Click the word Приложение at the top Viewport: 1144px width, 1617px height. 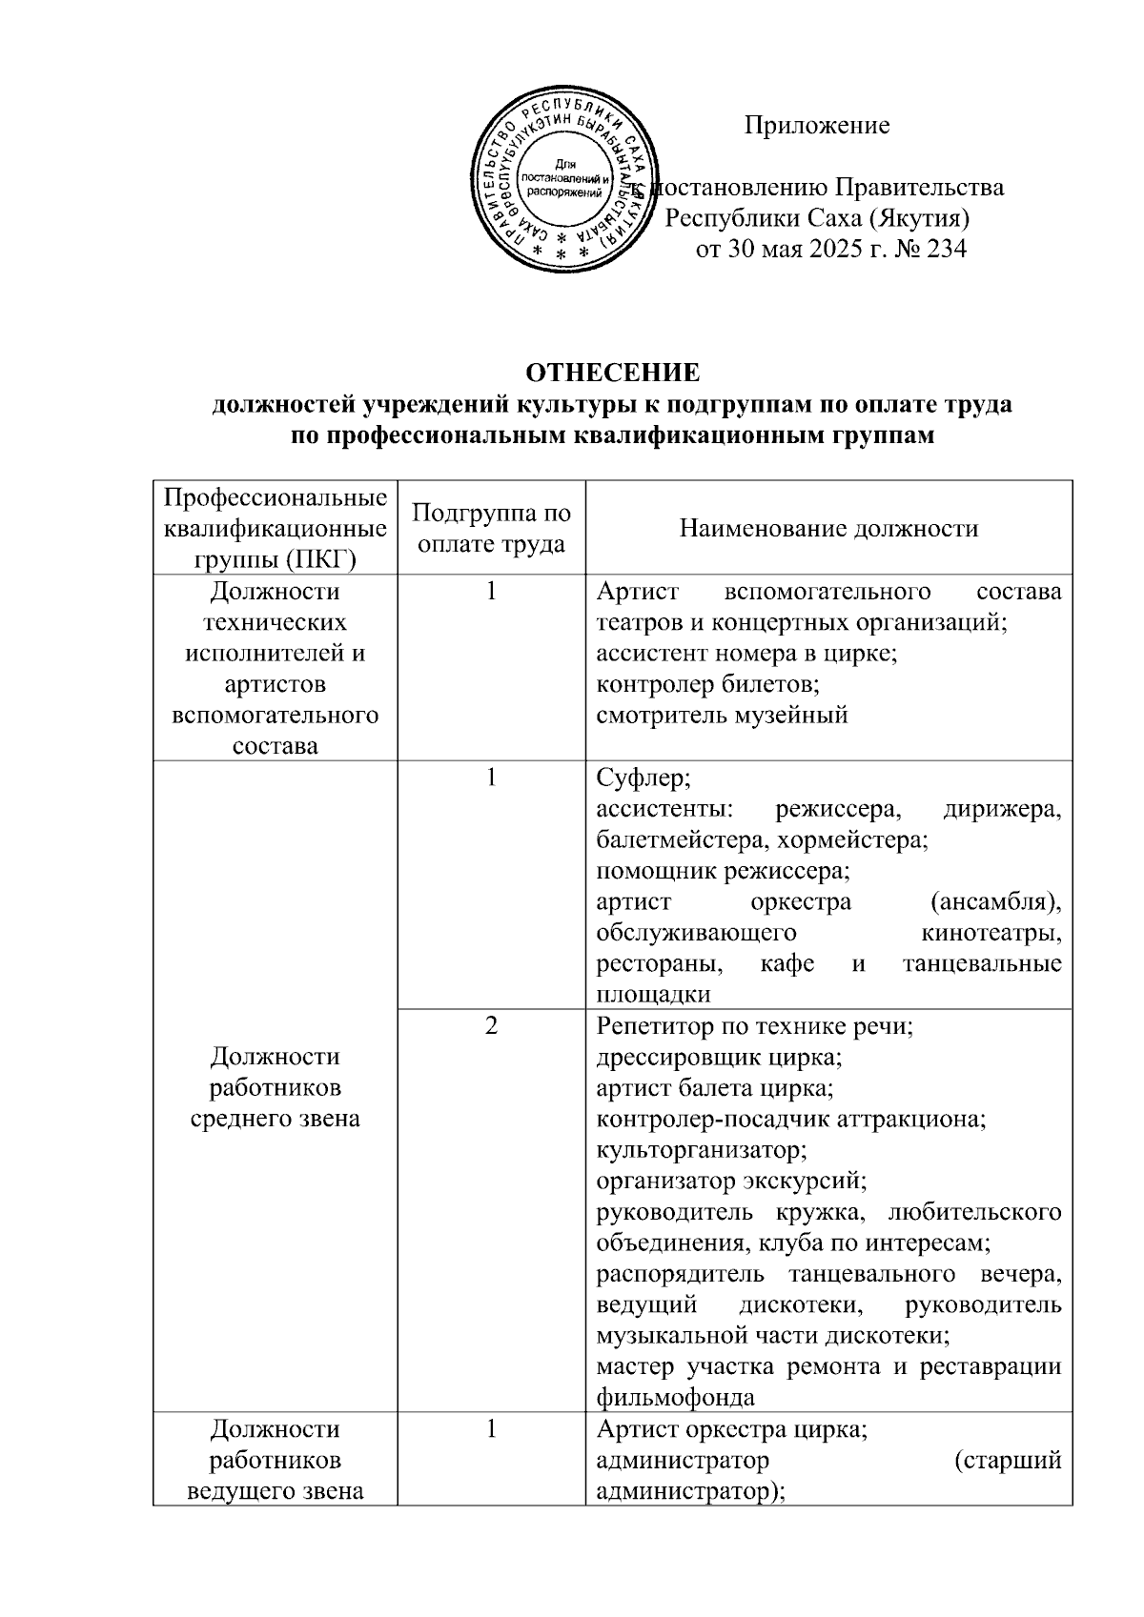(x=817, y=126)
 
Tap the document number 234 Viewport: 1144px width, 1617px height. (x=946, y=250)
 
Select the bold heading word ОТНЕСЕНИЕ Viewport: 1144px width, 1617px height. (x=613, y=372)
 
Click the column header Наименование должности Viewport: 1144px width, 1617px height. (x=828, y=528)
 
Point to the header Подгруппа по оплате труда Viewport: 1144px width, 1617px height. (x=491, y=528)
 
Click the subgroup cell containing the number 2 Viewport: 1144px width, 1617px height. (x=491, y=1026)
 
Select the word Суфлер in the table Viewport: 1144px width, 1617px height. (x=642, y=778)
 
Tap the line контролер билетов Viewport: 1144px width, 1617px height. (x=707, y=684)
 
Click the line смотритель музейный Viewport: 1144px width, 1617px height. (x=722, y=715)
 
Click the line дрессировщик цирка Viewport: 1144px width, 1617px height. (x=719, y=1057)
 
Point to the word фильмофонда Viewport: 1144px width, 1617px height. (x=675, y=1398)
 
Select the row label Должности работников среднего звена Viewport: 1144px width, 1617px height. (x=275, y=1087)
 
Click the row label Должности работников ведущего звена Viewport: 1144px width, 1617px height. (x=275, y=1460)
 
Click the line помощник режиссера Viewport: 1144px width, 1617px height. (x=722, y=870)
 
